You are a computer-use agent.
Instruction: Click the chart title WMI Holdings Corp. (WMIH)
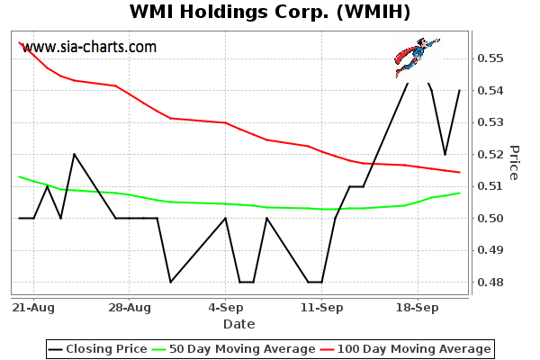[x=270, y=13]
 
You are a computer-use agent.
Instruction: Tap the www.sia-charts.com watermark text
[x=89, y=47]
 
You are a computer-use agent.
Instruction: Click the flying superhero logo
[x=415, y=56]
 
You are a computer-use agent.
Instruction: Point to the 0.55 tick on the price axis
[x=490, y=58]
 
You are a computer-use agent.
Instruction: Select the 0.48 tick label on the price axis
[x=490, y=283]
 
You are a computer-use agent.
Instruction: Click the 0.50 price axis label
[x=490, y=219]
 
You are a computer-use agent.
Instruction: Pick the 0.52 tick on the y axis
[x=490, y=155]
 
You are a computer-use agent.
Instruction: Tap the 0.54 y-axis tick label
[x=490, y=91]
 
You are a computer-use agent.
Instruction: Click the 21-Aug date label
[x=33, y=307]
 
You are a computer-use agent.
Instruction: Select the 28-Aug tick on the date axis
[x=129, y=307]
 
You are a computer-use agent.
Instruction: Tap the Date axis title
[x=238, y=324]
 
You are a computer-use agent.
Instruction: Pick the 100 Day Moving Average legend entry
[x=407, y=348]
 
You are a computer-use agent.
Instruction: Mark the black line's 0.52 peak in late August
[x=75, y=154]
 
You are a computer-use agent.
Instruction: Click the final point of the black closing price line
[x=460, y=90]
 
